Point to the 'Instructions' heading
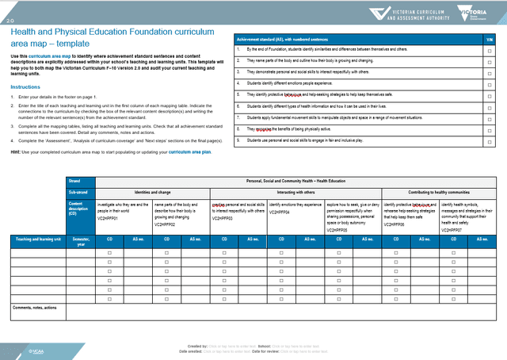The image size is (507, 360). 25,86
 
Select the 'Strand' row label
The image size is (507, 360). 75,181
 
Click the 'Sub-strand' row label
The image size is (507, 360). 78,191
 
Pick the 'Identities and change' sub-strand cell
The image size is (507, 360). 152,191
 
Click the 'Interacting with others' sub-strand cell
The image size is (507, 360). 296,191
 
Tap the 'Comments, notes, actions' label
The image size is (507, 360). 34,307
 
